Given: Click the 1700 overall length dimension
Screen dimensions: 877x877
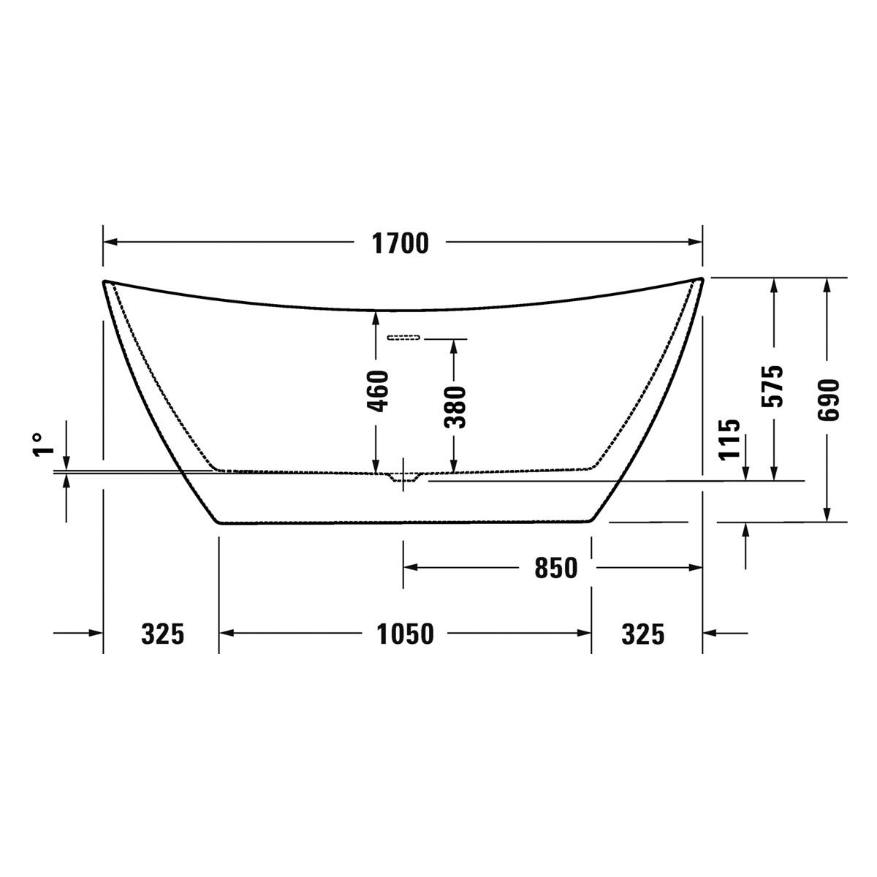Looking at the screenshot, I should click(x=400, y=243).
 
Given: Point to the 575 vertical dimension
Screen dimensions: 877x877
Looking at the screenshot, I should click(x=774, y=385).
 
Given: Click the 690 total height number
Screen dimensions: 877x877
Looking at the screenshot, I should click(x=828, y=400).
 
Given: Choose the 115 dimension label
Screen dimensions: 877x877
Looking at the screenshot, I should click(x=729, y=439).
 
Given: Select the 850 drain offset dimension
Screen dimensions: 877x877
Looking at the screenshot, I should click(x=555, y=567).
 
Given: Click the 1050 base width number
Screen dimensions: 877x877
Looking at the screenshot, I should click(x=405, y=634).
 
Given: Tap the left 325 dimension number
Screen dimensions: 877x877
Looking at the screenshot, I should click(x=162, y=634).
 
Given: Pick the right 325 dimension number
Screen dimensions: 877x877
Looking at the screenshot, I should click(x=643, y=634).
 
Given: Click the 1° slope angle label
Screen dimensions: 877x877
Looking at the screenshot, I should click(x=42, y=444).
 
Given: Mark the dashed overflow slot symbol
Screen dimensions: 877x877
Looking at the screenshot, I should click(x=404, y=338).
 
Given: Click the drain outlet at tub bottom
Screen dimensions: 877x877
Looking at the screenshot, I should click(x=403, y=477).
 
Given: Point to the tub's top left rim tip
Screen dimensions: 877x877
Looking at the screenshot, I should click(x=105, y=281).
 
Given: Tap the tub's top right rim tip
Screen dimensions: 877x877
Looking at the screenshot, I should click(x=701, y=279).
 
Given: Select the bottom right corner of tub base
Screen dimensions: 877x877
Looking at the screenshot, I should click(x=589, y=521).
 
